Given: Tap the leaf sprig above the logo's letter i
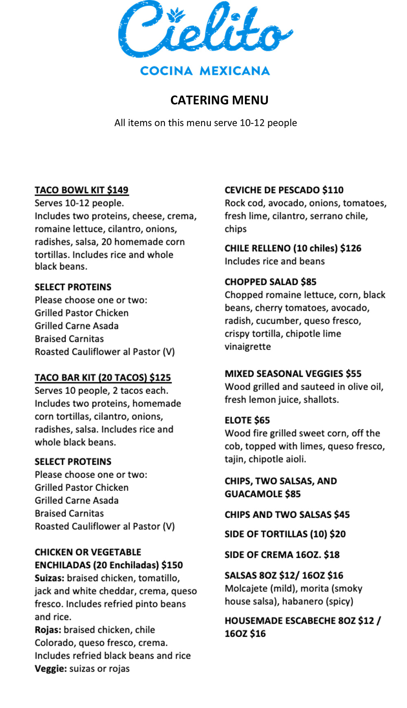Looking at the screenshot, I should pyautogui.click(x=176, y=15).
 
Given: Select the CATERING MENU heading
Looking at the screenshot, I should pyautogui.click(x=219, y=100).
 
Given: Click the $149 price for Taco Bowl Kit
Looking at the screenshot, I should pyautogui.click(x=118, y=190).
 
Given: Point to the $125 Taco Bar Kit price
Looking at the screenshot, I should pyautogui.click(x=160, y=378).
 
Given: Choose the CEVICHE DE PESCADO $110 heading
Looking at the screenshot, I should pyautogui.click(x=284, y=190).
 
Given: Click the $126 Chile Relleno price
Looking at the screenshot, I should pyautogui.click(x=350, y=248).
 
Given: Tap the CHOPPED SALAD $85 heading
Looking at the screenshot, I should pyautogui.click(x=270, y=282).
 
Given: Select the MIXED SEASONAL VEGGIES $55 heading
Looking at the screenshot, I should pyautogui.click(x=293, y=374).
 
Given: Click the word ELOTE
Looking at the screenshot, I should pyautogui.click(x=238, y=420).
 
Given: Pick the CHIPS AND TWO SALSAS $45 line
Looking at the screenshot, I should pyautogui.click(x=287, y=515).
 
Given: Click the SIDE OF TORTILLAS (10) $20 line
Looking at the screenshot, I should pyautogui.click(x=285, y=534).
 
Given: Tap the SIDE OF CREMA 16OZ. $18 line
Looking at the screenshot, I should pyautogui.click(x=282, y=555).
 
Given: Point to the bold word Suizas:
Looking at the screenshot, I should pyautogui.click(x=49, y=578).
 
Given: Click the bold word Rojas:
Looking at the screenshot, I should pyautogui.click(x=48, y=630).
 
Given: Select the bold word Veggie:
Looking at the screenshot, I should pyautogui.click(x=50, y=669).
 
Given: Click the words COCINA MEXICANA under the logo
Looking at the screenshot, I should pyautogui.click(x=205, y=71).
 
